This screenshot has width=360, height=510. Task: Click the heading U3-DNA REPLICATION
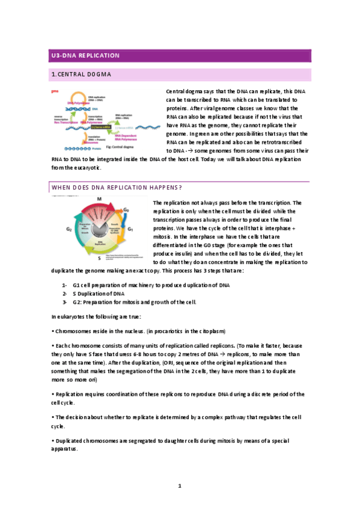[x=85, y=56]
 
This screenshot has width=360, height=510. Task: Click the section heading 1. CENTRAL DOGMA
[x=82, y=75]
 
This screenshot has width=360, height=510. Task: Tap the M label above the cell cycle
[x=99, y=199]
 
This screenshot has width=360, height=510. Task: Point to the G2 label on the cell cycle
[x=69, y=229]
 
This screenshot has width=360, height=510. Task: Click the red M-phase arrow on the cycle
[x=99, y=207]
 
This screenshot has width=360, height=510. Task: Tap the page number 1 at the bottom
[x=180, y=485]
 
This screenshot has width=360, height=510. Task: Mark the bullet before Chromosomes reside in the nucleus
[x=53, y=331]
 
